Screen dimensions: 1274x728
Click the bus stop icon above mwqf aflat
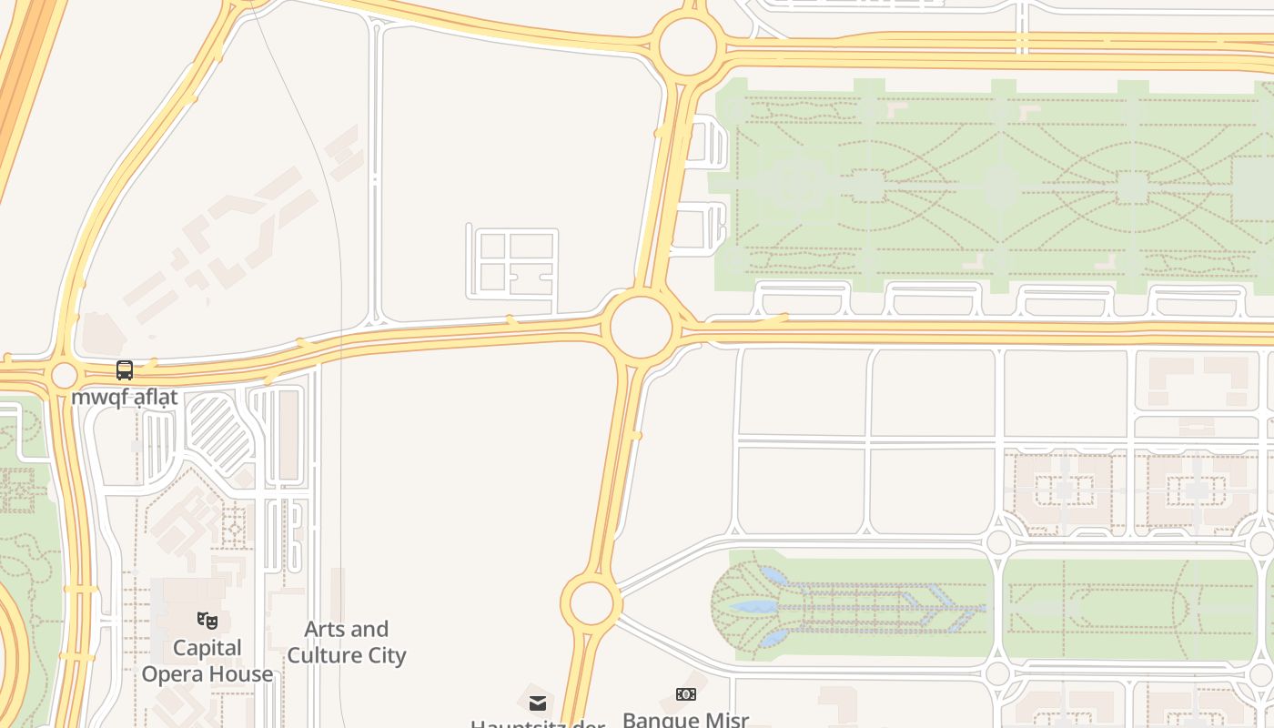125,370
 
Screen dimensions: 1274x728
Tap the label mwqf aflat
125,398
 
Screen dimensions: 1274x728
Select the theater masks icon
207,621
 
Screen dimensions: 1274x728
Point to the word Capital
207,648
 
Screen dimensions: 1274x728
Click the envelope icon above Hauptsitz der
538,703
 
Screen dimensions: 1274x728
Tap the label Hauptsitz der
538,723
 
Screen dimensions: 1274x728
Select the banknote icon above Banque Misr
686,694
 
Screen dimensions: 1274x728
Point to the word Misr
727,720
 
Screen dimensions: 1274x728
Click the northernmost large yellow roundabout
687,45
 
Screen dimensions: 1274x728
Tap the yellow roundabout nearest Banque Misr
591,602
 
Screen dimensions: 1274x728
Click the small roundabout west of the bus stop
64,375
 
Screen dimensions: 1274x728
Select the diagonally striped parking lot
218,431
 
